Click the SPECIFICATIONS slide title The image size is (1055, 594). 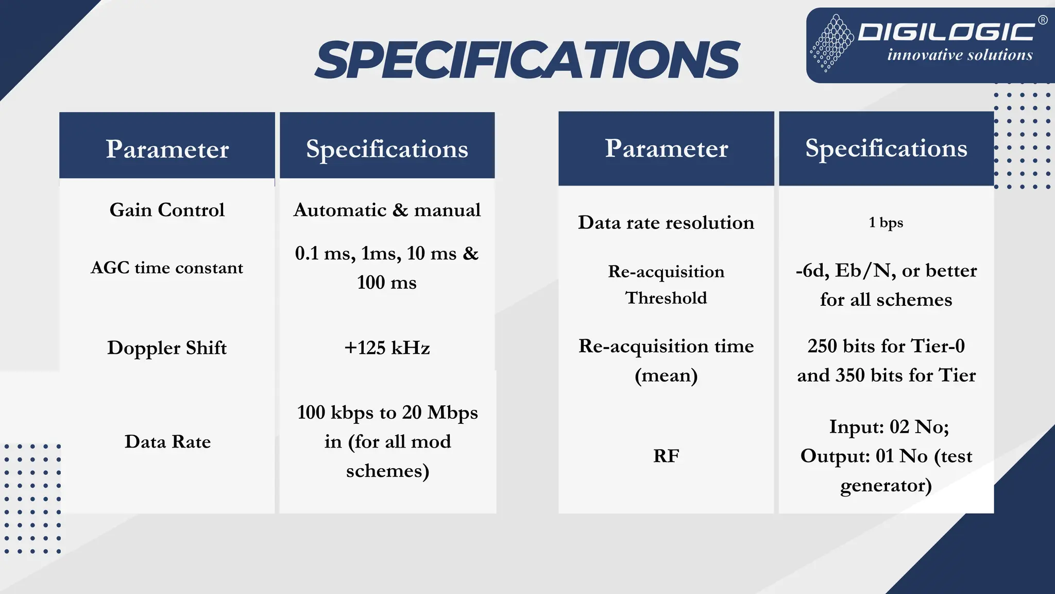(x=527, y=60)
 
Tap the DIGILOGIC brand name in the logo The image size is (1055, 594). (x=946, y=32)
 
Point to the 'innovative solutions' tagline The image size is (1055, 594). (x=960, y=55)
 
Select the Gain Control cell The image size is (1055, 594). (x=167, y=210)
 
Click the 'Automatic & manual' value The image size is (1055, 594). (x=387, y=210)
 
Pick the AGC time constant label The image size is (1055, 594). (x=167, y=268)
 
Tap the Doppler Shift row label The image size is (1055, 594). (x=167, y=348)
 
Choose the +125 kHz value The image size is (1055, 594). (x=387, y=348)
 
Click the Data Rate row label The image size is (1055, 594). (x=167, y=442)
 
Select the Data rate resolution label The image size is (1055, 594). (x=666, y=222)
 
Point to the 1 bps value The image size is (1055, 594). (x=886, y=222)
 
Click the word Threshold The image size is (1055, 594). (x=666, y=298)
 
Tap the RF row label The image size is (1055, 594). (x=666, y=456)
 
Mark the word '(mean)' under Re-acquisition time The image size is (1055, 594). (x=666, y=375)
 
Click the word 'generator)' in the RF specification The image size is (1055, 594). (x=886, y=485)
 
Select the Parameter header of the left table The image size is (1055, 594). (x=167, y=149)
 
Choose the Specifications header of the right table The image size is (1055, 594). (x=886, y=148)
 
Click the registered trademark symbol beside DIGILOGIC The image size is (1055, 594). (x=1042, y=20)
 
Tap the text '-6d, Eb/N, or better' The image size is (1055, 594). (x=886, y=271)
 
